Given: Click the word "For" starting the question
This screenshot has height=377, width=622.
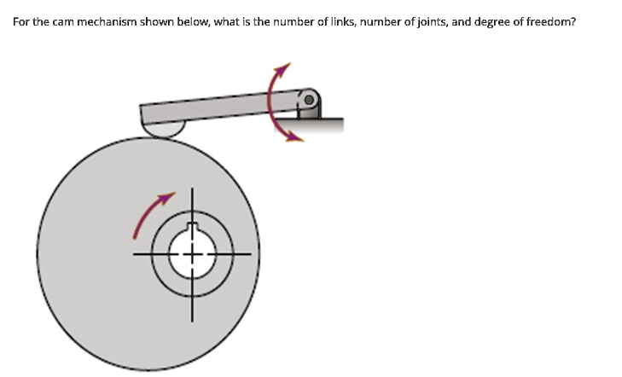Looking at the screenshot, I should (x=21, y=21).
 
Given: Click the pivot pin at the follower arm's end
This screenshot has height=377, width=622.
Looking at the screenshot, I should (x=310, y=101).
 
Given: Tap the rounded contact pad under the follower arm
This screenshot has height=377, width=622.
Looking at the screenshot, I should (x=163, y=130).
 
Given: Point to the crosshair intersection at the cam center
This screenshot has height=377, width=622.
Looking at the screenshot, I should (x=192, y=253).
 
